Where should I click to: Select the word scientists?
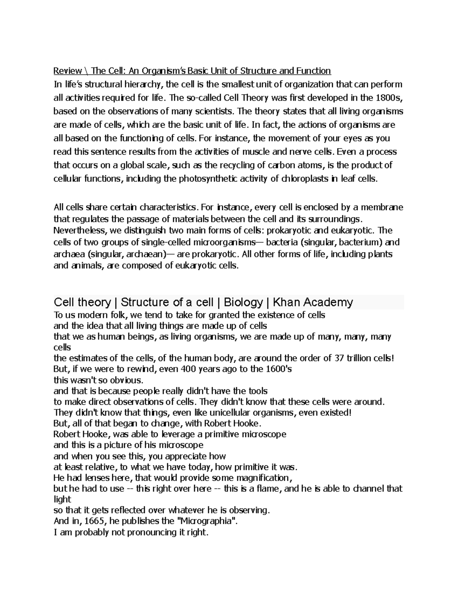click(x=213, y=111)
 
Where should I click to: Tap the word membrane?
click(x=382, y=208)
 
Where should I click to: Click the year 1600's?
click(x=277, y=369)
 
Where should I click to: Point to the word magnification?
click(x=263, y=478)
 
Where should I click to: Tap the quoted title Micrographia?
click(x=206, y=521)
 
